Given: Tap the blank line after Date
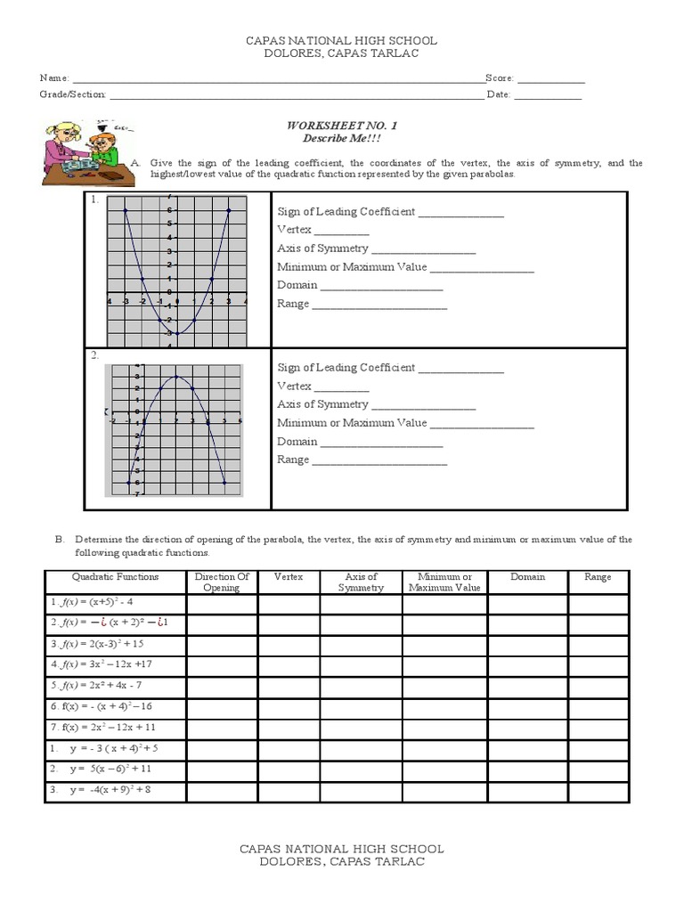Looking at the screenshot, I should coord(548,96).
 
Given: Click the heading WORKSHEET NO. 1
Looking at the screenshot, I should coord(341,127).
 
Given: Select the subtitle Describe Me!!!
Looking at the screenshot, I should coord(341,141).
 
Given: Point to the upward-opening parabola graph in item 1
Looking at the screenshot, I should coord(177,268).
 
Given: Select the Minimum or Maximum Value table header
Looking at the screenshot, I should coord(444,582).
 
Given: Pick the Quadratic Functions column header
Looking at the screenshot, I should coord(116,577).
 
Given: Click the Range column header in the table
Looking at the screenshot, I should coord(598,577).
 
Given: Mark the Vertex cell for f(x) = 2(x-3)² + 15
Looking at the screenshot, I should coord(289,644).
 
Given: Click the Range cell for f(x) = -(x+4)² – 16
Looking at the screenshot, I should coord(598,705).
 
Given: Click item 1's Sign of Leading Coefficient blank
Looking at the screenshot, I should coord(460,214).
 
